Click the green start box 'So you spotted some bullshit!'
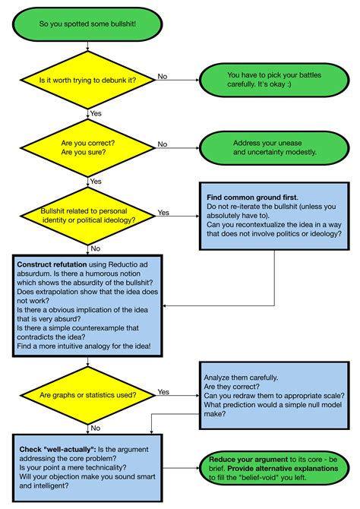pos(89,24)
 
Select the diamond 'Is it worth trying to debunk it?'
pos(89,79)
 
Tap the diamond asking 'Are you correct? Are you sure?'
pos(89,147)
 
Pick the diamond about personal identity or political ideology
pos(89,215)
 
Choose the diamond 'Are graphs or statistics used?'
pos(89,395)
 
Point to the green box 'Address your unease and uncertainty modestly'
pos(273,147)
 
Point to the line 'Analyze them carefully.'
pos(241,377)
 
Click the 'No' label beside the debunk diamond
pos(163,75)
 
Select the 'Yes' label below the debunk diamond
pos(96,112)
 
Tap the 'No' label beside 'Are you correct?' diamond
pos(163,143)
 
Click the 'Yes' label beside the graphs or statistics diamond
pos(163,391)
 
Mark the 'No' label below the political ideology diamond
pos(95,248)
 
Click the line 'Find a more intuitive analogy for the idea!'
pos(89,346)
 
